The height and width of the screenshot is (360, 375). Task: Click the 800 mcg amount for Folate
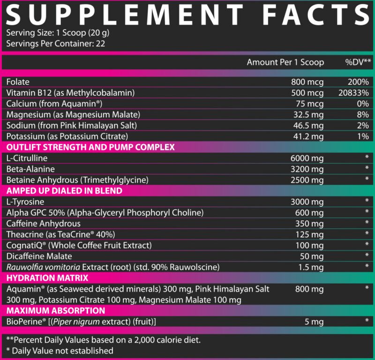[x=307, y=82]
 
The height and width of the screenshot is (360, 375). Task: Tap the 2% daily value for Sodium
[x=362, y=125]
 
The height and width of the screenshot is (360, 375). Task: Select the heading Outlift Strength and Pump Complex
[x=90, y=147]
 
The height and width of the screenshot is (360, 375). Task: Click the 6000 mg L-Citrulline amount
[x=307, y=158]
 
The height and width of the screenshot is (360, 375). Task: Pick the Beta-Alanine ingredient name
[x=31, y=169]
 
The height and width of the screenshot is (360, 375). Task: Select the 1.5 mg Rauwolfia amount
[x=311, y=267]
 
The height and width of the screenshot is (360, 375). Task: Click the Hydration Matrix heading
[x=42, y=278]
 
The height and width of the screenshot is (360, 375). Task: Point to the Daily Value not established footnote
[x=60, y=350]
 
